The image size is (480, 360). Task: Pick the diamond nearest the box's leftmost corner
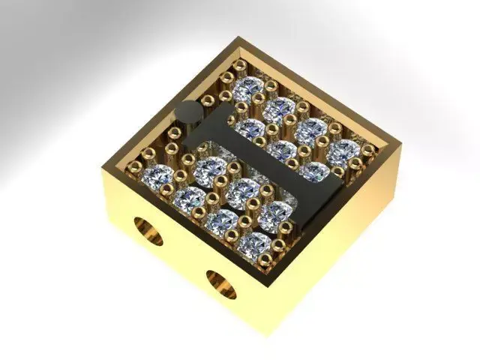coord(160,177)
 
